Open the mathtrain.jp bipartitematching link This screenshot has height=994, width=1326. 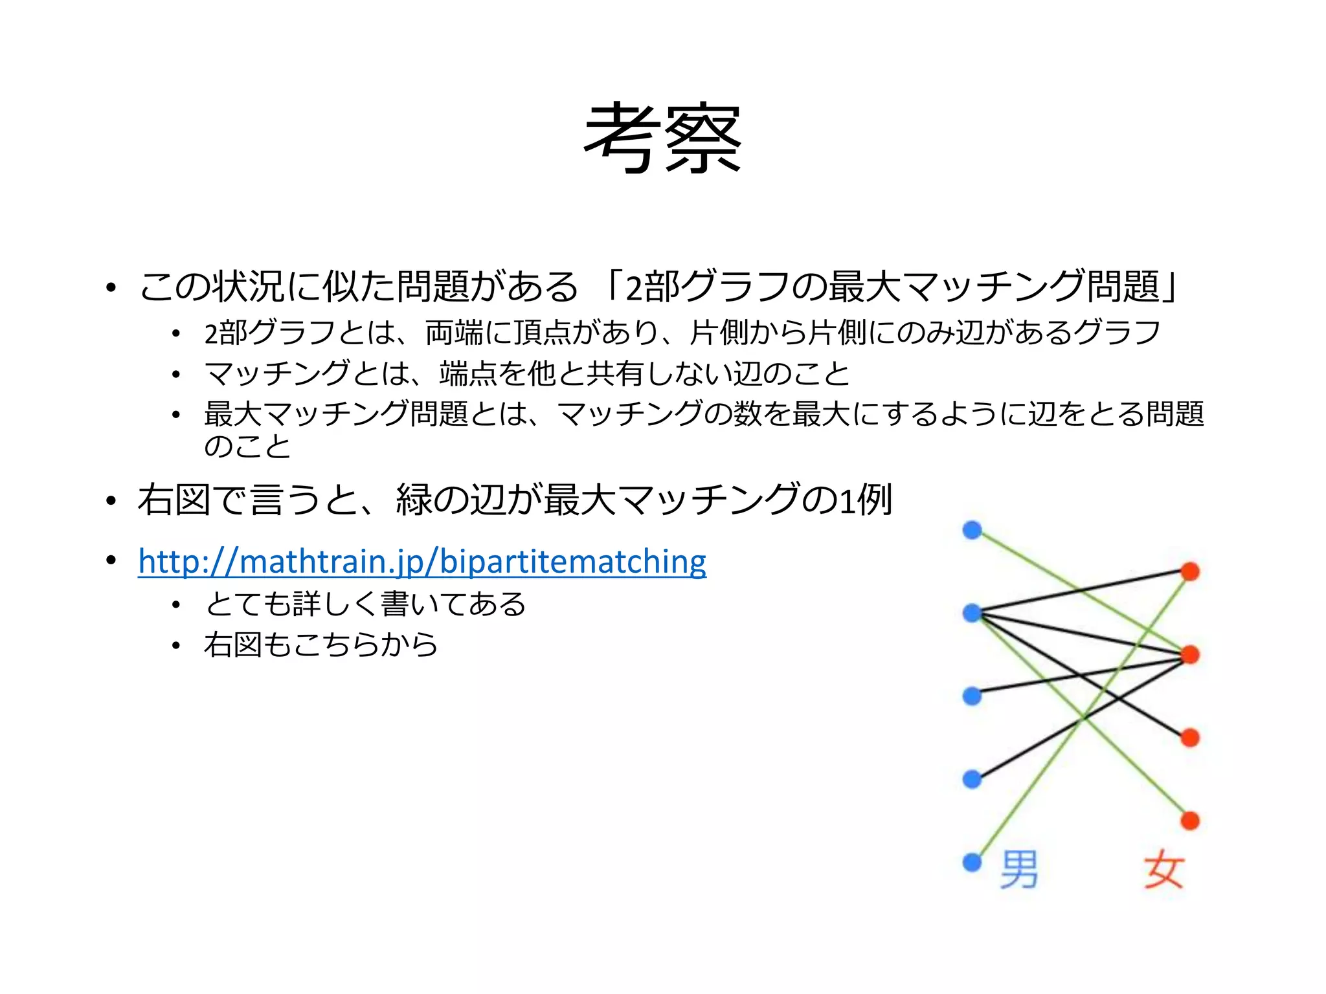pos(421,561)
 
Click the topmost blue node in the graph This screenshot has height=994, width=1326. pos(972,530)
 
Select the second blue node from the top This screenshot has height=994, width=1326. pos(972,613)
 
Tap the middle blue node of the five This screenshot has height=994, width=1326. pos(972,696)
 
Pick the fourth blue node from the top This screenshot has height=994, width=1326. pos(972,779)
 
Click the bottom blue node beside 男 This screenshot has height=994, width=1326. pos(972,862)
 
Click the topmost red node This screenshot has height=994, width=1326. pos(1190,571)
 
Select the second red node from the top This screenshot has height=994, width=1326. pos(1190,655)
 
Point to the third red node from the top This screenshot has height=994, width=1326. pos(1190,738)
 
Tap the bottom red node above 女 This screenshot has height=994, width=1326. pos(1190,821)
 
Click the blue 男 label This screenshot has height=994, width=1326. pos(1019,870)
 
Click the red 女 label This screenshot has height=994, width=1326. pos(1163,870)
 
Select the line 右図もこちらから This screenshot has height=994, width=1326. pos(320,645)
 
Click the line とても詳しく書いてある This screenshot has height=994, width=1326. pos(365,604)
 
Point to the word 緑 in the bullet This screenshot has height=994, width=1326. pos(414,500)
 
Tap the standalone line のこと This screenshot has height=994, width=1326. pos(247,447)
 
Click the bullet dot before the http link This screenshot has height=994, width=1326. pos(111,560)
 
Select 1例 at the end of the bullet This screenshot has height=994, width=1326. pos(866,500)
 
